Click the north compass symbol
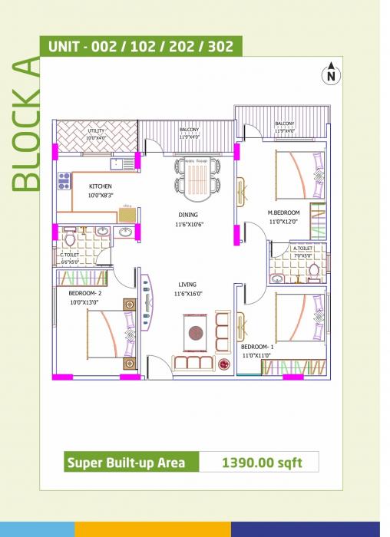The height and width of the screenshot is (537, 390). pyautogui.click(x=331, y=74)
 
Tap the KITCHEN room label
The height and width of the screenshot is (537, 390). pyautogui.click(x=101, y=186)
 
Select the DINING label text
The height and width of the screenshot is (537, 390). pyautogui.click(x=188, y=215)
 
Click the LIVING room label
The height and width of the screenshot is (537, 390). pyautogui.click(x=187, y=284)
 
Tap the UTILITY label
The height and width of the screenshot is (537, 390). pyautogui.click(x=96, y=131)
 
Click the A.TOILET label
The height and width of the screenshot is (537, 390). pyautogui.click(x=302, y=249)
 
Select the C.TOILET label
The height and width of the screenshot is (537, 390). pyautogui.click(x=70, y=254)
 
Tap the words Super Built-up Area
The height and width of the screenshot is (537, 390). pyautogui.click(x=131, y=463)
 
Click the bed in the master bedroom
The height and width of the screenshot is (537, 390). pyautogui.click(x=296, y=172)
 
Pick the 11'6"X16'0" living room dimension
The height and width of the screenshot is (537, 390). pyautogui.click(x=187, y=294)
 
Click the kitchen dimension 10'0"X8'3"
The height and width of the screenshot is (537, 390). pyautogui.click(x=101, y=196)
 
